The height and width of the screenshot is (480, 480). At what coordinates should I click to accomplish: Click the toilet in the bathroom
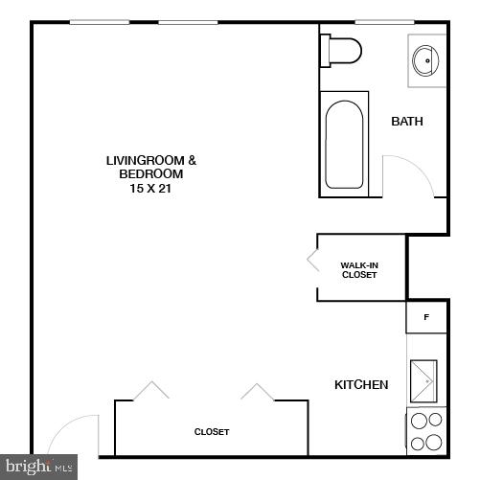pos(342,49)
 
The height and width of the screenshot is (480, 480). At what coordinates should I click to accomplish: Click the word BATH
pos(407,122)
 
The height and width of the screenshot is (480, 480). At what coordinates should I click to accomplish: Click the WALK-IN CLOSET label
pos(359,270)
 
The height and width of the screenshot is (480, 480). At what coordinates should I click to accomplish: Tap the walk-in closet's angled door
pos(313,262)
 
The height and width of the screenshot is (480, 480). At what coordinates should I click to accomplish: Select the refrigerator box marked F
pos(426,316)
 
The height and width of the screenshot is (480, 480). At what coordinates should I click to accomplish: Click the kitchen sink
pos(423,381)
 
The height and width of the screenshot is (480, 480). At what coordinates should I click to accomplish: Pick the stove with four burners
pos(425,430)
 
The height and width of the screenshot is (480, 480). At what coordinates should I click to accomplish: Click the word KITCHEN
pos(361,385)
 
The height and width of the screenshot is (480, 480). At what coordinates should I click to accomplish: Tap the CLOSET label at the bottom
pos(212,432)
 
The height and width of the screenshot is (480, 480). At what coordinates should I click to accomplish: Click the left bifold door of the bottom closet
pos(149,391)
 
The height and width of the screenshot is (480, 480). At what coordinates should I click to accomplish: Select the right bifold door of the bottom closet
pos(258,391)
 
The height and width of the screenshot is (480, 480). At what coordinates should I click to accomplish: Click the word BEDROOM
pos(150,174)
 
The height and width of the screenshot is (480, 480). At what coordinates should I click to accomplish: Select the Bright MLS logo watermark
pos(38,468)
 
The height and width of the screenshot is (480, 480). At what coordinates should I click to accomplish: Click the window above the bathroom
pos(383,21)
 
